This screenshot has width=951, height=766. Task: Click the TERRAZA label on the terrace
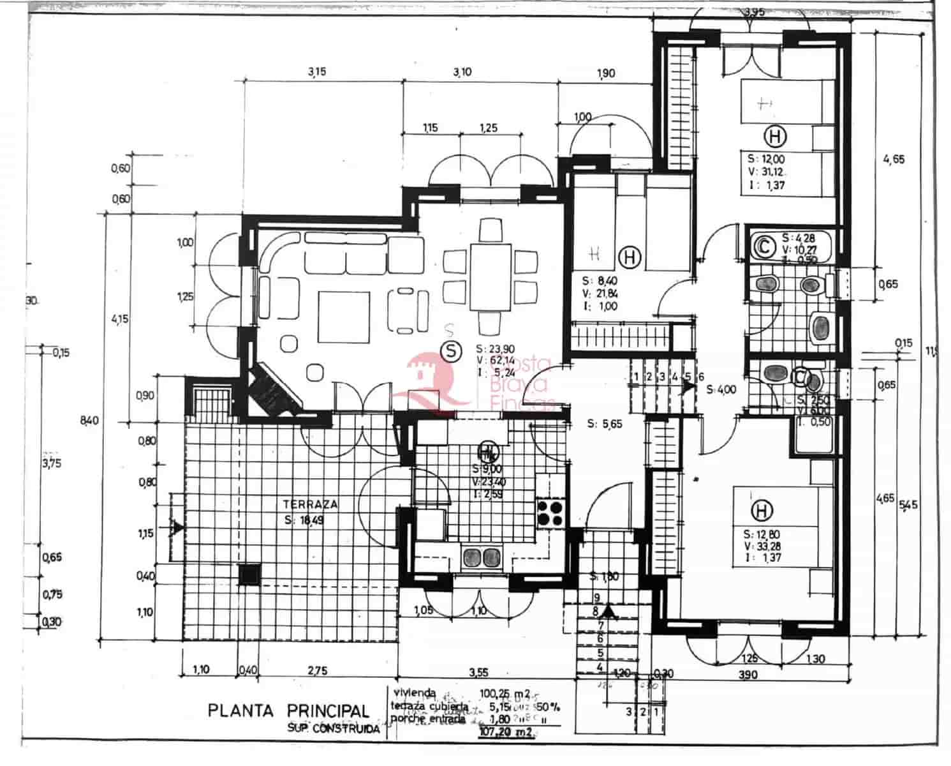[310, 504]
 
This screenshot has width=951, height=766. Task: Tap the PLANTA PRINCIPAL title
[288, 710]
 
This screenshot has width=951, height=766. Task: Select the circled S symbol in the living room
[452, 350]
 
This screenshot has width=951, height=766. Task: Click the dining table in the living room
[490, 276]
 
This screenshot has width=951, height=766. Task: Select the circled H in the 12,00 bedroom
[775, 136]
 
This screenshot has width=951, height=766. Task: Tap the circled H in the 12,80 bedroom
[762, 510]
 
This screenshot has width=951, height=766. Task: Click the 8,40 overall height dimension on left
[89, 420]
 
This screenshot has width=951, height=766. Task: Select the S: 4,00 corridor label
[721, 389]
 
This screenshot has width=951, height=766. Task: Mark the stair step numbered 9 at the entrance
[596, 598]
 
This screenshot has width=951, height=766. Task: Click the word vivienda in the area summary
[415, 693]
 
